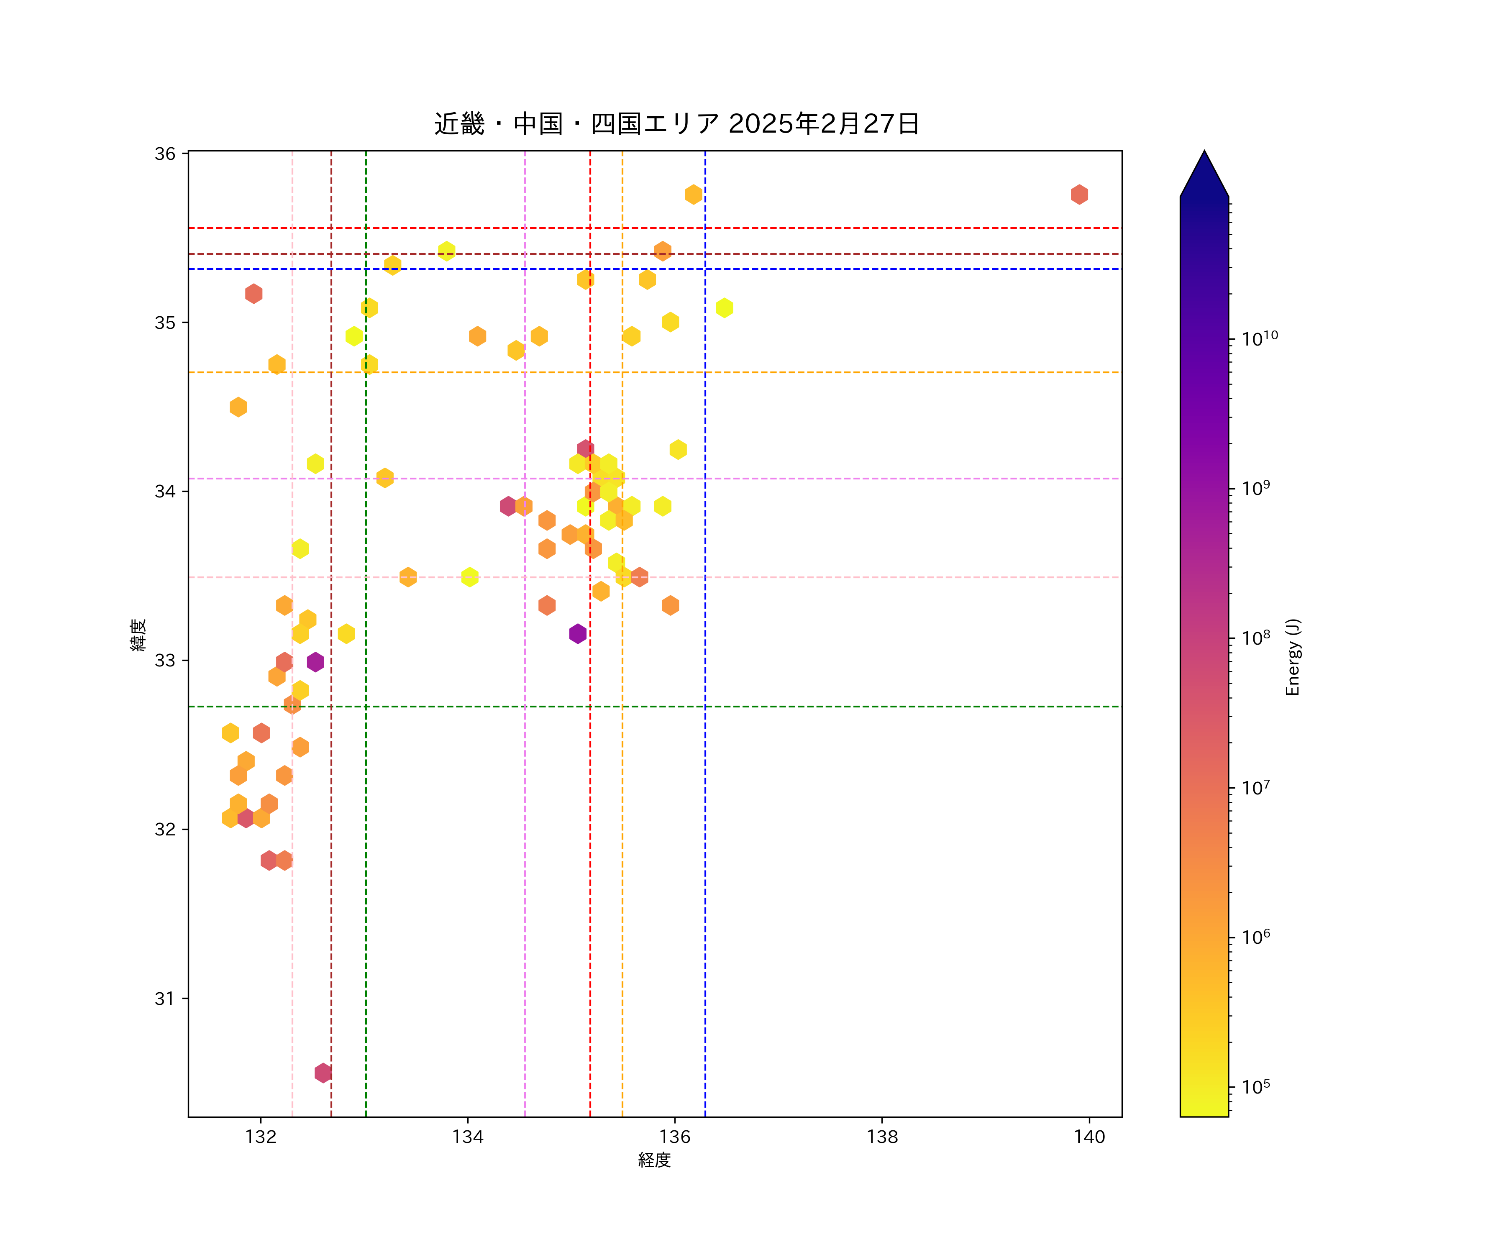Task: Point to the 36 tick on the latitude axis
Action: click(165, 154)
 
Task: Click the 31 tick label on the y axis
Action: click(165, 998)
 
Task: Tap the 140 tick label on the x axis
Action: click(1089, 1137)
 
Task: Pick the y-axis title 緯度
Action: click(138, 635)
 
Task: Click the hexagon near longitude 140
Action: click(1079, 195)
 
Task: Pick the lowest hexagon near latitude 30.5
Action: click(323, 1073)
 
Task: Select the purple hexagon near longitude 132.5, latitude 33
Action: click(315, 662)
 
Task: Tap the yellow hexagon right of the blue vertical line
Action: click(724, 307)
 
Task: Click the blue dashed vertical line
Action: click(705, 861)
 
